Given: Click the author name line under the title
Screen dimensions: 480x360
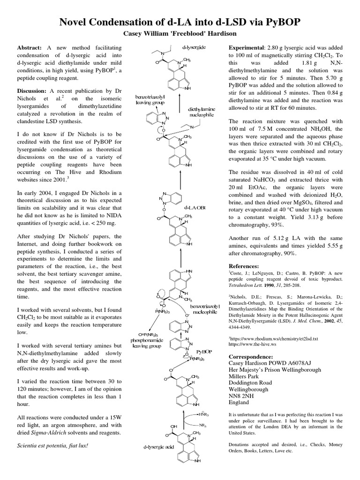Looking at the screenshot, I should pos(180,34).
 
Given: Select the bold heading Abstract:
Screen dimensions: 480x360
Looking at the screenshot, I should pos(30,48).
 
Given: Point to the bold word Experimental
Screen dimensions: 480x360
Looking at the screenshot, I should pos(246,48).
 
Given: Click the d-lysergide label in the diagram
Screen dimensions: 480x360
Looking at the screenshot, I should pos(194,47).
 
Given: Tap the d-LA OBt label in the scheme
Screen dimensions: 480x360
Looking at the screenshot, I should pos(195,207).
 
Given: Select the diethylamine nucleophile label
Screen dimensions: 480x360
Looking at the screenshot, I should pos(202,112).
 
